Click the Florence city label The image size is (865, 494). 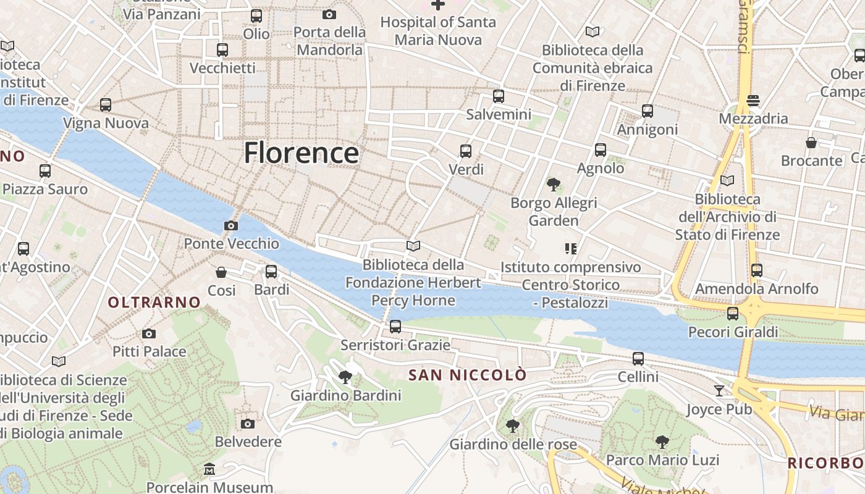tap(301, 153)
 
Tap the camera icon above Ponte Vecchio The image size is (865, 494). tap(231, 225)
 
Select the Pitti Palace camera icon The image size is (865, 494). tap(149, 334)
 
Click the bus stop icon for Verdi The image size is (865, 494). tap(466, 151)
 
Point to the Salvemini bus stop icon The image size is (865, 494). tap(499, 96)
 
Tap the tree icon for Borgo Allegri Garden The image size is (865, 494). tap(554, 184)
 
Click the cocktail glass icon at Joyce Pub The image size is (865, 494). tap(719, 390)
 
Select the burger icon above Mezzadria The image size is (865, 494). tap(753, 100)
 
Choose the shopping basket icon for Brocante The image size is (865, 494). tap(811, 143)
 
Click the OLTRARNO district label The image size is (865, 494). tap(154, 302)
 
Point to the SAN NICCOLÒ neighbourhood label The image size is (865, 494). tap(468, 375)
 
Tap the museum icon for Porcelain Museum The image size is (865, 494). tap(209, 469)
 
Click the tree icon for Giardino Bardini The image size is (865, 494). tap(345, 377)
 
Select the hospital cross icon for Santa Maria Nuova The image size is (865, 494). tap(438, 5)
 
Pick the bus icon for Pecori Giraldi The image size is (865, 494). tap(733, 314)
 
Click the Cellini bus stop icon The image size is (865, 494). tap(638, 358)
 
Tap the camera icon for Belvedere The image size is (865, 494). tap(248, 424)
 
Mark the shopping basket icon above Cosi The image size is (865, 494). tap(221, 272)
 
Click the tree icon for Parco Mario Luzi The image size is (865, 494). tap(662, 442)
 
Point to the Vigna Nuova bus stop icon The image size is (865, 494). tap(106, 105)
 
